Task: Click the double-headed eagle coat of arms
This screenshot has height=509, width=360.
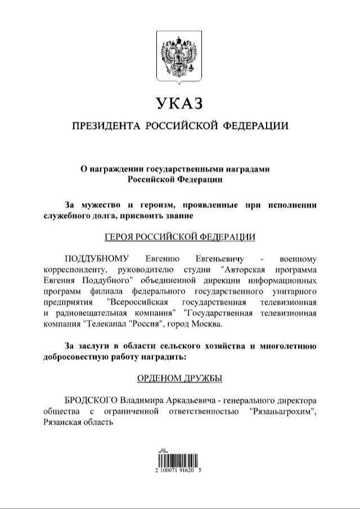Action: tap(179, 56)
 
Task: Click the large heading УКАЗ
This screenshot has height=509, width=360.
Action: tap(179, 103)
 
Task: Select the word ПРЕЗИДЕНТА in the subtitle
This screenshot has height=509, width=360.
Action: tap(103, 125)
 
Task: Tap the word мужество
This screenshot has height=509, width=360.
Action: tap(95, 204)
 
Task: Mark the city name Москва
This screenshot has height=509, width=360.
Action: tap(209, 324)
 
